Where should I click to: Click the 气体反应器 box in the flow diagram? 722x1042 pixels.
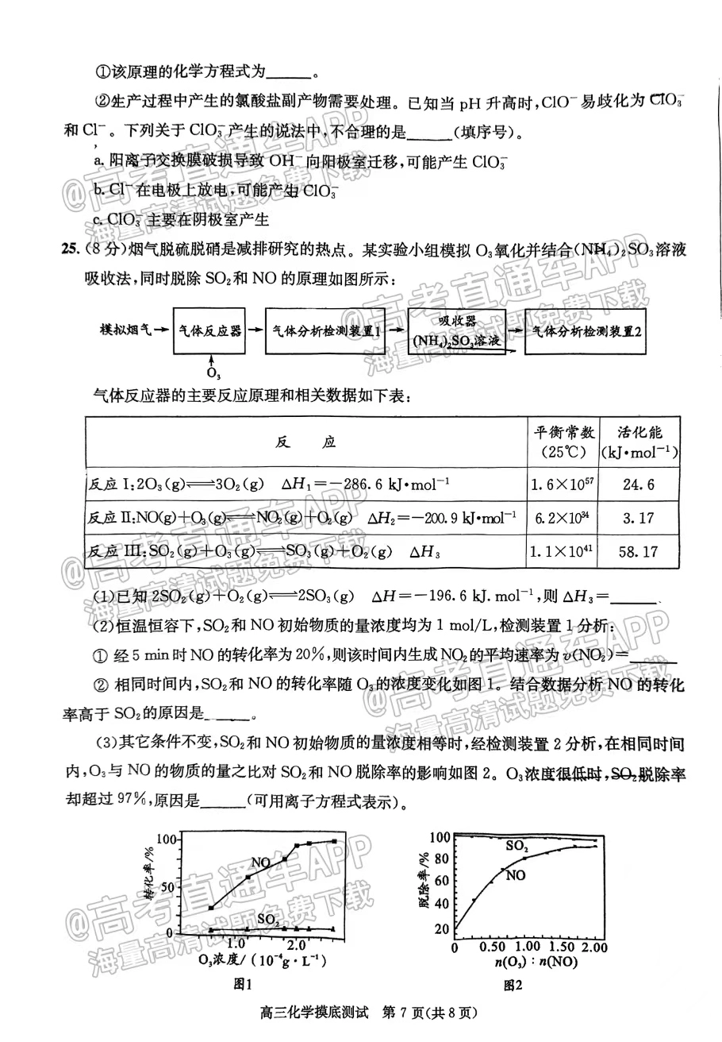pos(209,331)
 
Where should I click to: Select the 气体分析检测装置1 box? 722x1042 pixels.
pos(325,332)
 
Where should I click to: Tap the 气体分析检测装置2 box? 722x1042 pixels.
pos(586,333)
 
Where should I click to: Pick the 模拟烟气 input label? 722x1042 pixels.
pos(125,329)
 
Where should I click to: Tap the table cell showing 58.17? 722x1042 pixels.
pos(639,551)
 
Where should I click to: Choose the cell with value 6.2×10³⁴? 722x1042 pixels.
pos(563,518)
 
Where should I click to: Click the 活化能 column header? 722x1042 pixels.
pos(639,442)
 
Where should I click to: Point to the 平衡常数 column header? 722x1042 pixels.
pos(563,442)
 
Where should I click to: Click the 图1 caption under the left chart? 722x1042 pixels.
pos(243,983)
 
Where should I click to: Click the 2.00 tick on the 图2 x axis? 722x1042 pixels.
pos(593,947)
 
